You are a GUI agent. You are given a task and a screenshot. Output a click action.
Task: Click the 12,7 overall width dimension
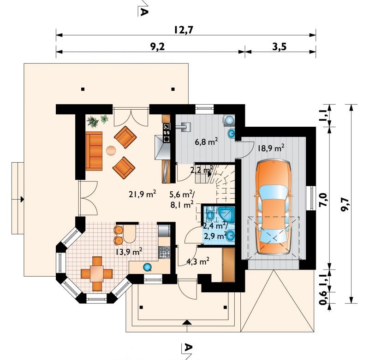(x=184, y=30)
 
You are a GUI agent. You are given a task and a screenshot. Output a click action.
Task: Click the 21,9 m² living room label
(x=143, y=194)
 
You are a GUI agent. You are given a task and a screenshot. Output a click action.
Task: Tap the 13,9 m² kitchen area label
(x=129, y=252)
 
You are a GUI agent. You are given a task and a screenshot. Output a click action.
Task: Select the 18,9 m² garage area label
(x=271, y=148)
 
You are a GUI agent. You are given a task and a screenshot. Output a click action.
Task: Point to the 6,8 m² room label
(x=206, y=142)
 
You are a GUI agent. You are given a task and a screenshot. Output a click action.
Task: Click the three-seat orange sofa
(x=94, y=151)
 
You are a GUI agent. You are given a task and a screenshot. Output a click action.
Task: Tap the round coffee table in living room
(x=111, y=150)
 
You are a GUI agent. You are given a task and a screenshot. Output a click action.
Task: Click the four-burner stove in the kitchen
(x=164, y=252)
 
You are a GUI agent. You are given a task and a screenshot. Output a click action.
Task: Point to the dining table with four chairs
(x=97, y=274)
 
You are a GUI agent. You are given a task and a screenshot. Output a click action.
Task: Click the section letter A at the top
(x=143, y=11)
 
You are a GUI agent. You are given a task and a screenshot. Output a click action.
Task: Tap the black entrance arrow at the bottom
(x=187, y=322)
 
